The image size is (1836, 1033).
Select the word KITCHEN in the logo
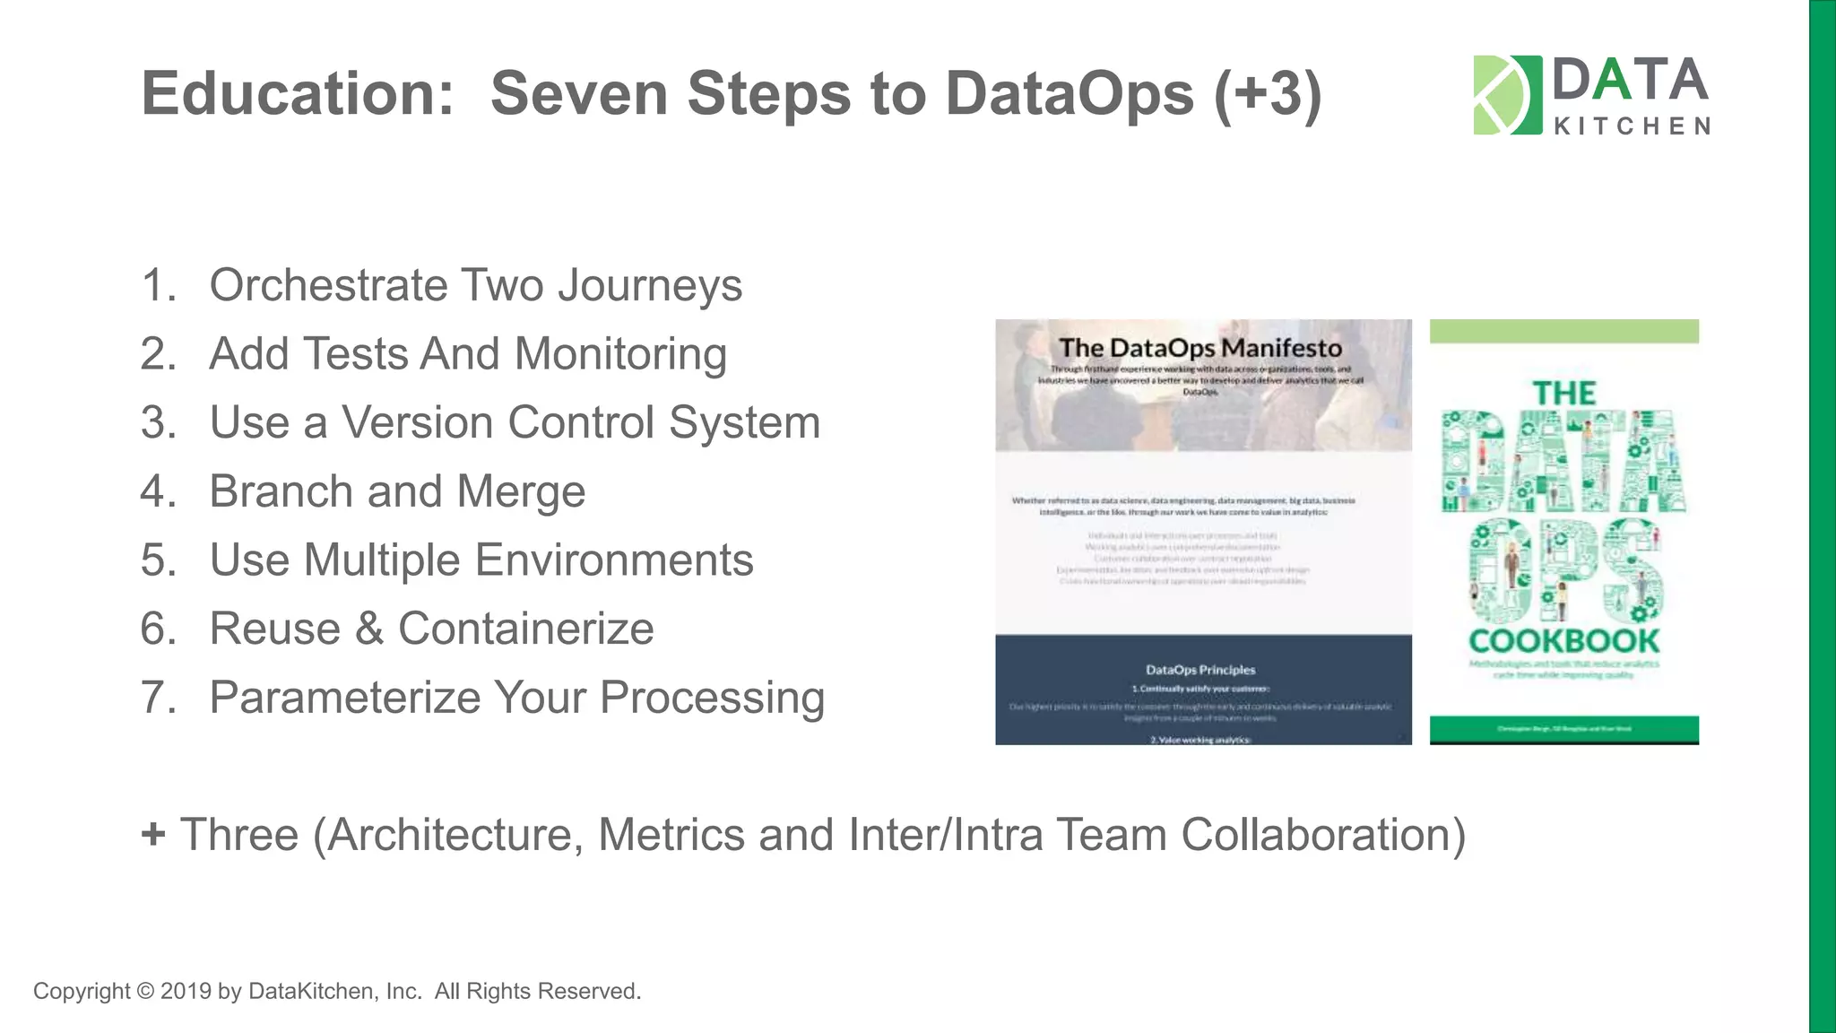1632,126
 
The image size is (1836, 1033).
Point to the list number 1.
158,285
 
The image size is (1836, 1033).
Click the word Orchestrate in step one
328,285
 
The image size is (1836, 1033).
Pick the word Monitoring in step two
620,354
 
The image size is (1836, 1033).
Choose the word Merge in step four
521,491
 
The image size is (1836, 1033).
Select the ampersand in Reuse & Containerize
369,629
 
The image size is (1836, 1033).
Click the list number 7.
158,698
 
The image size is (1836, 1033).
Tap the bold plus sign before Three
153,834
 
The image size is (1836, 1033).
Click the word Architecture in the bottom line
448,835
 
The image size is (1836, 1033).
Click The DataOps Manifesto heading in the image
1200,348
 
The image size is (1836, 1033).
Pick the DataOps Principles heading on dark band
1200,670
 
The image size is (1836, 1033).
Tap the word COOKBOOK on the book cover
1563,641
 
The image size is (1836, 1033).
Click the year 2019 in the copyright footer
186,991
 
